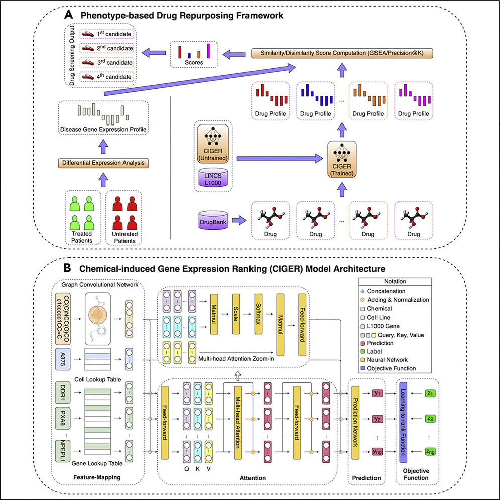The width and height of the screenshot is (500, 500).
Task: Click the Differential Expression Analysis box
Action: (x=103, y=163)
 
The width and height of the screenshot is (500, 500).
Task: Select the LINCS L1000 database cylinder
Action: (x=213, y=178)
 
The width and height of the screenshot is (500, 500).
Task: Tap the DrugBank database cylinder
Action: (x=213, y=220)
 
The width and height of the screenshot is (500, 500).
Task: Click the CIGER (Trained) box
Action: (x=342, y=159)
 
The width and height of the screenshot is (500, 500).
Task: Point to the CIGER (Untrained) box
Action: (x=213, y=143)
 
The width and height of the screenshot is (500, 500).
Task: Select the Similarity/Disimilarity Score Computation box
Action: (x=342, y=53)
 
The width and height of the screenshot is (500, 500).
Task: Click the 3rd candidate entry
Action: (x=107, y=62)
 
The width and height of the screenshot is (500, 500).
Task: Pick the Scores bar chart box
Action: (x=194, y=55)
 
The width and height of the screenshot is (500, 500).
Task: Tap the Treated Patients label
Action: (x=82, y=237)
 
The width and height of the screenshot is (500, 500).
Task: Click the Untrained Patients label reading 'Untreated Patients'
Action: (x=124, y=237)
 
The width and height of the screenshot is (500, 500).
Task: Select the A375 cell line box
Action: (x=63, y=359)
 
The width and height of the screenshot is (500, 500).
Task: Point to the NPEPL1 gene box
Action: (x=63, y=451)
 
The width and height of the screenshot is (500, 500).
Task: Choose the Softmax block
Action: (x=258, y=314)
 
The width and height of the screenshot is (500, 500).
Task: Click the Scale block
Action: (x=236, y=314)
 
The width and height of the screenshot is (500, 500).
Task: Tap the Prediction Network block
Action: (x=355, y=423)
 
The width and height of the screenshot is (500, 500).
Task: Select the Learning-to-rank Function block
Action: (x=404, y=422)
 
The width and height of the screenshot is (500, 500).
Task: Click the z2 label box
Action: (x=430, y=419)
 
